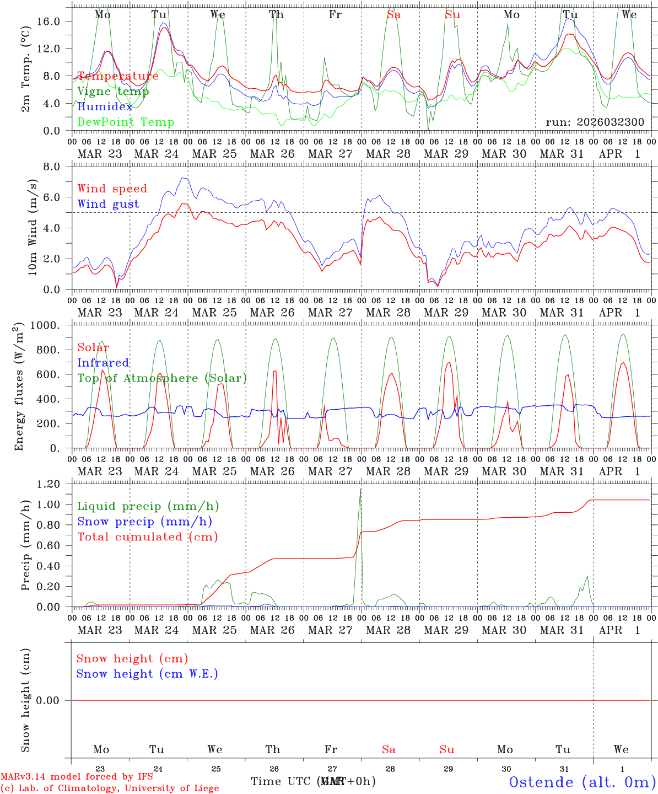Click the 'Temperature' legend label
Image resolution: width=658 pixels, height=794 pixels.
click(x=117, y=76)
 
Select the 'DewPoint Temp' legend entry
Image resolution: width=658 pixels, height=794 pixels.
click(x=126, y=122)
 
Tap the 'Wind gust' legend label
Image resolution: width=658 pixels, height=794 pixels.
click(x=108, y=204)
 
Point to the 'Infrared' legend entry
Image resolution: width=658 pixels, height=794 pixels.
click(x=103, y=363)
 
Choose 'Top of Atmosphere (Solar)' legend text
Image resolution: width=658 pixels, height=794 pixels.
click(x=161, y=378)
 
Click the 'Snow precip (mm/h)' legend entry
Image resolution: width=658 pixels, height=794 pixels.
click(x=144, y=522)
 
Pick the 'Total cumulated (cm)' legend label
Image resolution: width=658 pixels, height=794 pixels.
click(x=147, y=537)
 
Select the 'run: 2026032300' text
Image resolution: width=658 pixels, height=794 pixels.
click(x=595, y=122)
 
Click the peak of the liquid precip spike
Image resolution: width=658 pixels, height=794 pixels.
click(x=360, y=489)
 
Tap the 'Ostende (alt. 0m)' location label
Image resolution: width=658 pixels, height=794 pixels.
click(x=582, y=782)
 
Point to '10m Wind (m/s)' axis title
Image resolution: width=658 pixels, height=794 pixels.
click(x=32, y=228)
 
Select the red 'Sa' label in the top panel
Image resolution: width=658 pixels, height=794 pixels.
click(x=393, y=15)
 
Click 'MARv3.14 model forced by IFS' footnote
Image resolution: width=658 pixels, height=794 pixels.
click(x=77, y=776)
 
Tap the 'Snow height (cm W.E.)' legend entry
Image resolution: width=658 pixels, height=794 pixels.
click(x=147, y=674)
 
